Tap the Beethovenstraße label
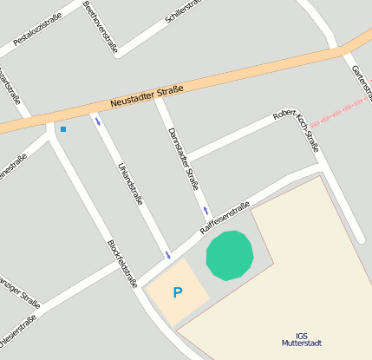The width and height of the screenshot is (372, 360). click(x=100, y=27)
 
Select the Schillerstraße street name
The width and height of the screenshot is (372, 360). click(x=184, y=10)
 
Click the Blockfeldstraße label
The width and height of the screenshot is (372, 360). click(x=122, y=263)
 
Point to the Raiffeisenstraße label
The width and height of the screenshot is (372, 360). click(x=225, y=217)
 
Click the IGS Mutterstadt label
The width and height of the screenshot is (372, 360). click(x=301, y=339)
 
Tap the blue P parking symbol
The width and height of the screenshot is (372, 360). click(x=178, y=293)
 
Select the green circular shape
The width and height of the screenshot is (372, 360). click(x=230, y=255)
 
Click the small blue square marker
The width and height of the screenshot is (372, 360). click(x=62, y=129)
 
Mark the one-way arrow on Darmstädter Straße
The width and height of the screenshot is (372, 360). click(x=206, y=211)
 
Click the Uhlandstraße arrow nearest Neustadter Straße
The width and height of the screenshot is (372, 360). click(x=97, y=121)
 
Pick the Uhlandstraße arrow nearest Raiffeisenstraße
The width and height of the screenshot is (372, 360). click(x=167, y=254)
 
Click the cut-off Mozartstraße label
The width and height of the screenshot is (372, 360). click(x=10, y=86)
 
